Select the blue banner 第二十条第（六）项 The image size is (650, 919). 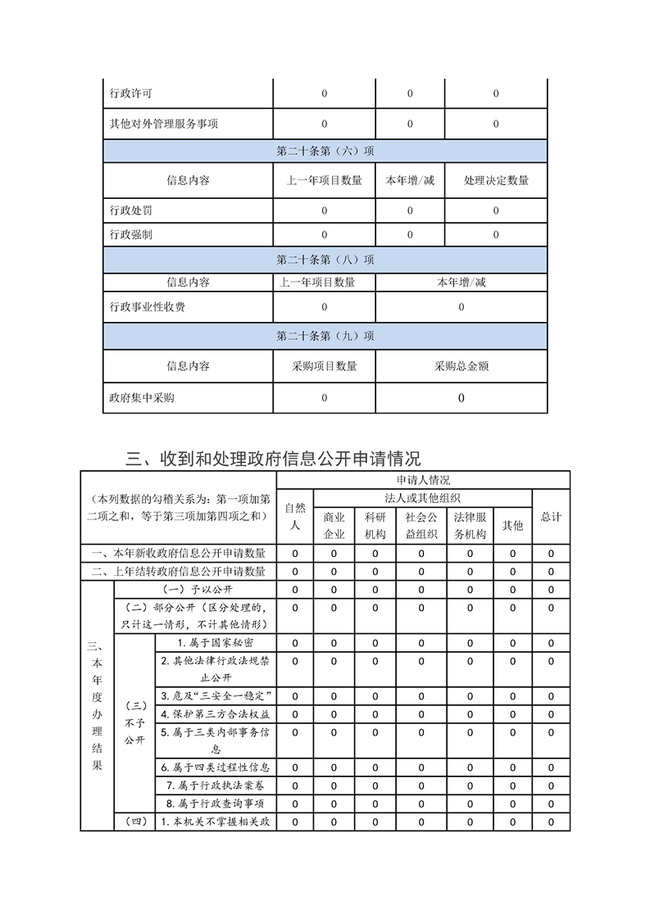[x=325, y=151]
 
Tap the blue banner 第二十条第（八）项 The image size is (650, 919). [x=325, y=260]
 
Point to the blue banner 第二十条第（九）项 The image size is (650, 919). [x=325, y=336]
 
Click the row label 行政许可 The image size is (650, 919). [x=130, y=93]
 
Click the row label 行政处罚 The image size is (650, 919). [x=130, y=211]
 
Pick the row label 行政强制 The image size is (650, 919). [x=130, y=235]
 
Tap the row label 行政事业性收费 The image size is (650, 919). [x=147, y=307]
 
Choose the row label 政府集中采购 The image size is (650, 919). [x=141, y=398]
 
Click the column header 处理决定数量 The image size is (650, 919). [x=496, y=180]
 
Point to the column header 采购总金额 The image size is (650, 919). [x=461, y=366]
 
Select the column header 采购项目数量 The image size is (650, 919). [x=324, y=366]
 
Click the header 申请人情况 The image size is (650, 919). [x=423, y=480]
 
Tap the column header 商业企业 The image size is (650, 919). [x=334, y=525]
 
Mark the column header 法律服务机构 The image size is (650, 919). [x=470, y=525]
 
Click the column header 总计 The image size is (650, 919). [x=551, y=516]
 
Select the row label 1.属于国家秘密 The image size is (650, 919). [x=215, y=642]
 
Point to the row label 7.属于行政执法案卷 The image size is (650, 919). [x=215, y=785]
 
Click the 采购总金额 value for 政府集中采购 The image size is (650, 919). [x=461, y=398]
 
